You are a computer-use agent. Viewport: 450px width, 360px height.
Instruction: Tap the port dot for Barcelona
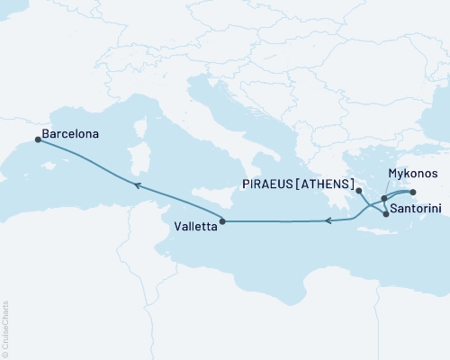[x=37, y=139]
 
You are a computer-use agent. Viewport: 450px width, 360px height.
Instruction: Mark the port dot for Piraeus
[x=358, y=191]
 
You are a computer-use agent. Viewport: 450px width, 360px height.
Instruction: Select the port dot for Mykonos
[x=384, y=198]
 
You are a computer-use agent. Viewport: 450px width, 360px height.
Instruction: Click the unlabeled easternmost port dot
[x=412, y=192]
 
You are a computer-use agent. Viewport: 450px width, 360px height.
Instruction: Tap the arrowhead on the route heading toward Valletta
[x=328, y=220]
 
